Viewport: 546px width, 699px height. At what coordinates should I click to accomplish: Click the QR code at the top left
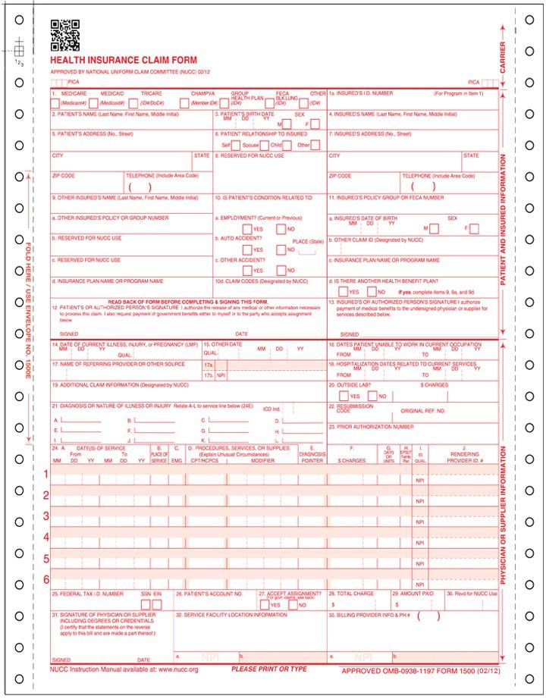coord(65,34)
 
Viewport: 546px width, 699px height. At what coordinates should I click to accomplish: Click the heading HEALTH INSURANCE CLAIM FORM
coord(124,61)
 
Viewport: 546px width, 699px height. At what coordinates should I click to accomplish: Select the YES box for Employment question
coord(248,229)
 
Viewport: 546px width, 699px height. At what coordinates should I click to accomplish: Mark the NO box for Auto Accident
coord(281,249)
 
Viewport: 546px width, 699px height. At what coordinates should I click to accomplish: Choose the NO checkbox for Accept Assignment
coord(293,605)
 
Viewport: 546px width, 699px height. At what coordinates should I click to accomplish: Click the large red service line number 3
coord(46,516)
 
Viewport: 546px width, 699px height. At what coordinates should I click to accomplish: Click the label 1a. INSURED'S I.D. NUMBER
coord(361,93)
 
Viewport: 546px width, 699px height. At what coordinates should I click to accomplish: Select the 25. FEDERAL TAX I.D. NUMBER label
coord(86,594)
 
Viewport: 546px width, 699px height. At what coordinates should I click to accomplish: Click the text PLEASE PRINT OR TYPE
coord(269,669)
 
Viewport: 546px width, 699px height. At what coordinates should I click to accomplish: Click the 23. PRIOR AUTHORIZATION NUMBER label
coord(372,427)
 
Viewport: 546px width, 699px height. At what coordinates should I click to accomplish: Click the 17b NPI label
coord(221,375)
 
